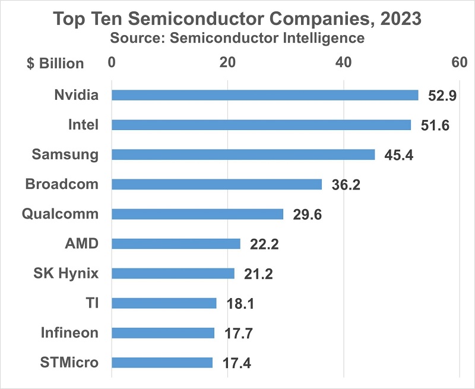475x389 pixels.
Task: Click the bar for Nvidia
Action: (265, 95)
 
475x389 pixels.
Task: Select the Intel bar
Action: (261, 125)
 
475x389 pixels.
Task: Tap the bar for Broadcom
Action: (217, 184)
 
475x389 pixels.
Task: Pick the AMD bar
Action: (176, 243)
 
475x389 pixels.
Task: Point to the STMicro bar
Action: (161, 362)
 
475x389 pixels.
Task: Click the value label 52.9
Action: (442, 96)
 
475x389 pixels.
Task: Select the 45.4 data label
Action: (398, 155)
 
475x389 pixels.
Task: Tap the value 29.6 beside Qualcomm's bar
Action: (307, 214)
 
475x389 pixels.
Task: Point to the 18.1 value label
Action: (240, 303)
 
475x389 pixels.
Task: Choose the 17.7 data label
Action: (237, 333)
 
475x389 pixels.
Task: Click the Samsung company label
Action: (65, 154)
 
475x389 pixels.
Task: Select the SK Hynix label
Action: (66, 273)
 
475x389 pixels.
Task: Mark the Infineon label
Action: (69, 333)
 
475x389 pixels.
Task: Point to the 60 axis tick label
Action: (460, 63)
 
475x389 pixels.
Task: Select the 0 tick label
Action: (112, 63)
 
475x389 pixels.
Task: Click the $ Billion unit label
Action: (55, 64)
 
